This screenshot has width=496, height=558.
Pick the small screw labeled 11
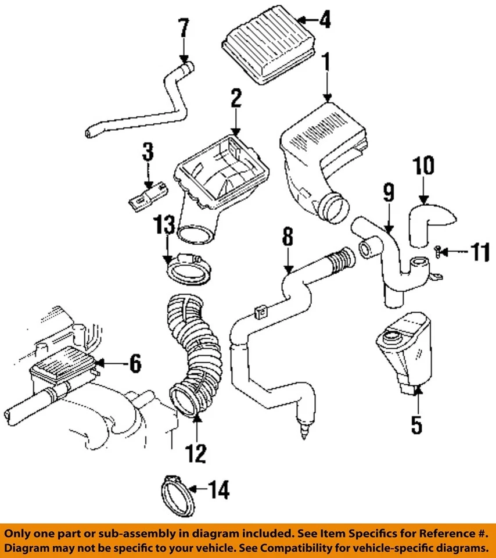click(437, 251)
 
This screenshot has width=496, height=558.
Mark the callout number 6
click(134, 364)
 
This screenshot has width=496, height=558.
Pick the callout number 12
click(196, 453)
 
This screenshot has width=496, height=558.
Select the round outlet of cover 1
click(333, 208)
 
